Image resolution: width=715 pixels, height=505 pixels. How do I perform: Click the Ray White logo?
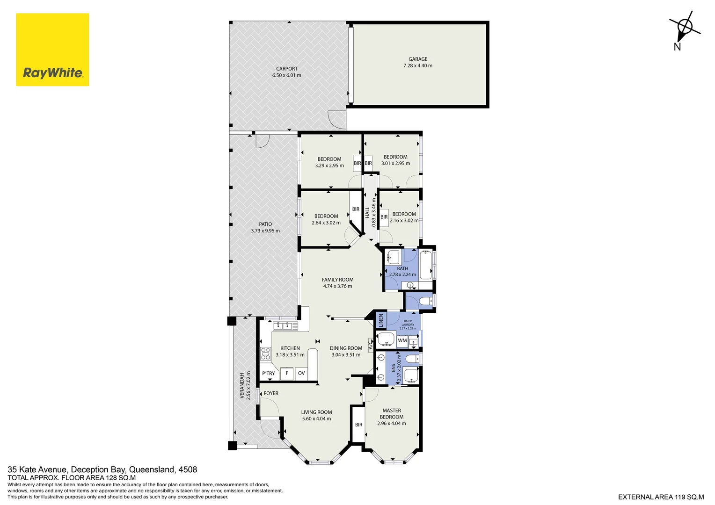click(52, 50)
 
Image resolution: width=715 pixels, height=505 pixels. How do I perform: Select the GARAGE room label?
click(418, 59)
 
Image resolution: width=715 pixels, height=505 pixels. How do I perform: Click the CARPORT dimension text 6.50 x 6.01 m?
click(287, 75)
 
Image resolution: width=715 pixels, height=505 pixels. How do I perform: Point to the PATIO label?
click(265, 224)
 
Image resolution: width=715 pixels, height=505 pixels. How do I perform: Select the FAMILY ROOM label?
click(337, 280)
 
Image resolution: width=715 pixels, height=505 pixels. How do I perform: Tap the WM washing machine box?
click(402, 341)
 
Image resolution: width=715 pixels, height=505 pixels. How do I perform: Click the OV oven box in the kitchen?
click(301, 373)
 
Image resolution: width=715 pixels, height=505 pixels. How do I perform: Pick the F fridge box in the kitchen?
click(287, 373)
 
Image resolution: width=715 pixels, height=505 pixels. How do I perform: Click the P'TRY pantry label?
click(269, 374)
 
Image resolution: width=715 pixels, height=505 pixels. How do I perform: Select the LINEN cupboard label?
click(381, 320)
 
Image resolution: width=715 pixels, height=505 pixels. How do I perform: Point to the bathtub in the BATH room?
click(426, 265)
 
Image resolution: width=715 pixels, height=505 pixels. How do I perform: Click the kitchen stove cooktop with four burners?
click(266, 353)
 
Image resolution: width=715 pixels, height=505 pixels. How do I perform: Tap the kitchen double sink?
click(283, 326)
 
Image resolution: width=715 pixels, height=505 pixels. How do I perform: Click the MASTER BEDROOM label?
click(392, 414)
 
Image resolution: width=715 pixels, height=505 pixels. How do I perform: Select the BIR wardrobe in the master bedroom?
click(358, 425)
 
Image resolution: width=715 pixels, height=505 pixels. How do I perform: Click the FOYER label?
click(271, 393)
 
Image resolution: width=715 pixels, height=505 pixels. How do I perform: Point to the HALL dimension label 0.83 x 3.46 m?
click(373, 213)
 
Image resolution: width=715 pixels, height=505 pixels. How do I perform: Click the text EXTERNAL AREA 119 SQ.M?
click(661, 497)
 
